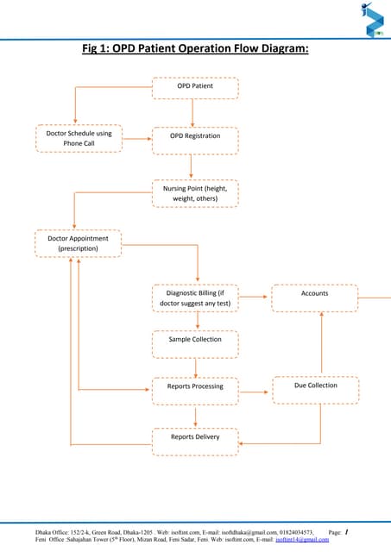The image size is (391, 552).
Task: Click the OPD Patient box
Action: coord(195,87)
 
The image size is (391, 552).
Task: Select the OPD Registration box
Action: coord(195,137)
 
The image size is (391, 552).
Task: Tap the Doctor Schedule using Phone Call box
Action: coord(79,138)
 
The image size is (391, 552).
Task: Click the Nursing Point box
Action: coord(195,193)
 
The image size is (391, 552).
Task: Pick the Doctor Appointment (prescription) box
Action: coord(78,242)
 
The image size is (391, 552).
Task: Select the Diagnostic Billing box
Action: coord(195,298)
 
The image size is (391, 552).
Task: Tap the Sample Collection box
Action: coord(195,341)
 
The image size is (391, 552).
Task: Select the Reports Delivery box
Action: coord(195,439)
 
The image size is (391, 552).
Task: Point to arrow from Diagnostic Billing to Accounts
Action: coord(255,297)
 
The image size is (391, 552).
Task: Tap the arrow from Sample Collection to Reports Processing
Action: coord(197,366)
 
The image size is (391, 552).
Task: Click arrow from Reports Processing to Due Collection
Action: coord(255,392)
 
